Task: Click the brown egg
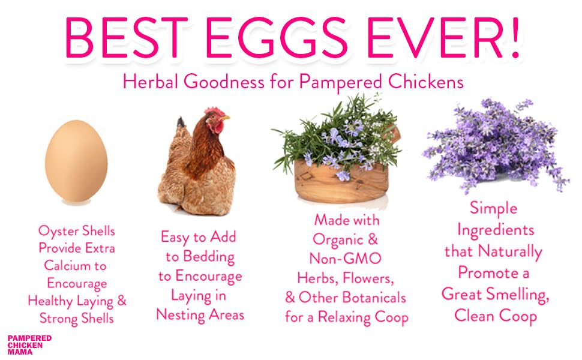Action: (76, 161)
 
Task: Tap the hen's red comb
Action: (214, 111)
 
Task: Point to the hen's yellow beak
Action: (225, 118)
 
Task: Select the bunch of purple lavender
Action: (496, 145)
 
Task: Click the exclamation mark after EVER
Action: (515, 37)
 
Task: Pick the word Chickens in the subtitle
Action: (426, 81)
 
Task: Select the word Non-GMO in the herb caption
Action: (345, 259)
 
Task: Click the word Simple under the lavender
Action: (493, 208)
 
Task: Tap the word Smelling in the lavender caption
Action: (517, 295)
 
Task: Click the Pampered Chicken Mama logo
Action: (29, 345)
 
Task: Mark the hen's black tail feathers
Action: (181, 122)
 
